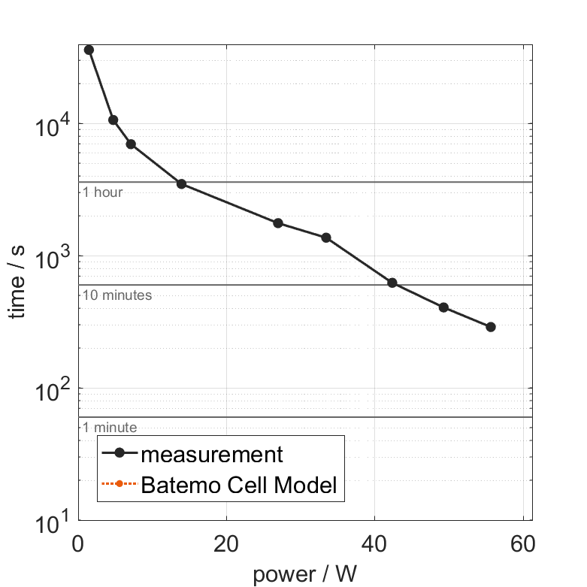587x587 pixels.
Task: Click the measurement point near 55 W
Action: pos(491,327)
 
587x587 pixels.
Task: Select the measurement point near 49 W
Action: pos(443,307)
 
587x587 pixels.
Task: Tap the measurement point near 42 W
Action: pos(392,283)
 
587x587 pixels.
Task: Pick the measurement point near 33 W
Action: pos(326,238)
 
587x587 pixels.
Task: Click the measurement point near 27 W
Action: pos(278,223)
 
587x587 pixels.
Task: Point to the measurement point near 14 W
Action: pos(181,184)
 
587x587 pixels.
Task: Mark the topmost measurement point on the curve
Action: pos(89,50)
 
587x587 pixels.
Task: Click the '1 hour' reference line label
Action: pos(102,192)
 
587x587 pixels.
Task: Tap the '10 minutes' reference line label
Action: pos(117,295)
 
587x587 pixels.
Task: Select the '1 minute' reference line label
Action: pos(110,428)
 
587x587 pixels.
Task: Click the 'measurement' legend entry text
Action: pos(212,455)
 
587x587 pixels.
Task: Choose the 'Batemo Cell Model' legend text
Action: pos(239,486)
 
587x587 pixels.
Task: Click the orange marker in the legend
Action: pos(119,486)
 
